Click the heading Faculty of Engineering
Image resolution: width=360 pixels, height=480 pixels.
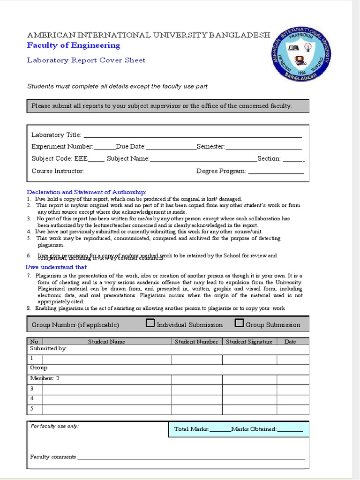[74, 45]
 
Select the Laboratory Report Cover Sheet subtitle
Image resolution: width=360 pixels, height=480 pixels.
[86, 60]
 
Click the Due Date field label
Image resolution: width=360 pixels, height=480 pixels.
[131, 147]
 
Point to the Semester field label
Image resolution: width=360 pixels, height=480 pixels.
[211, 147]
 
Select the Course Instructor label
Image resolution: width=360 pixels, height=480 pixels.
[58, 171]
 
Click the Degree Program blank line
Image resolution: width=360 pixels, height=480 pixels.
[276, 172]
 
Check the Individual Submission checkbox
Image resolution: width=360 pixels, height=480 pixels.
[150, 323]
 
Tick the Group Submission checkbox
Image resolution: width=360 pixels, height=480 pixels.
[239, 323]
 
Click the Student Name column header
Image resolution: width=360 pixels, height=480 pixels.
[106, 342]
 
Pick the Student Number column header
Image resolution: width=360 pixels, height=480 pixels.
[196, 342]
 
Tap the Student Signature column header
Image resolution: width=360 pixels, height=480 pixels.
[249, 342]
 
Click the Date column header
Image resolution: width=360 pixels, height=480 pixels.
[290, 342]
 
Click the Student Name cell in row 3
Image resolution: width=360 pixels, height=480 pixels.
[106, 390]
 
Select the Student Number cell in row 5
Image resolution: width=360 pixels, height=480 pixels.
[196, 409]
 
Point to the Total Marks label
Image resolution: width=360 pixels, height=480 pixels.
[191, 429]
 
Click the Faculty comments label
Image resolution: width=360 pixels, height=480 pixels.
[53, 457]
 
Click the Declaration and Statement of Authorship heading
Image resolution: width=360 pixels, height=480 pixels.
[87, 192]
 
